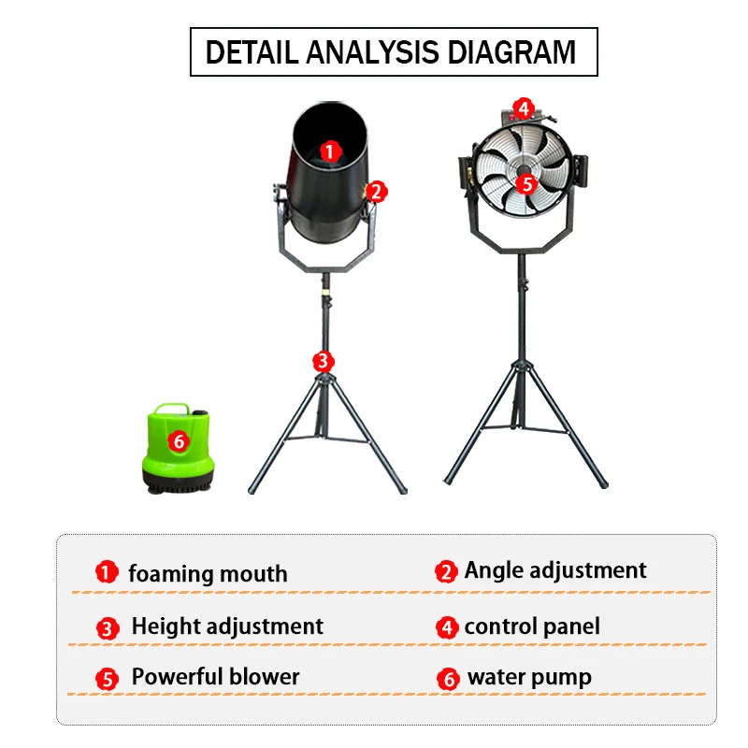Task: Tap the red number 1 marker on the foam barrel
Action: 330,151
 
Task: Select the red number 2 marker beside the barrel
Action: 377,192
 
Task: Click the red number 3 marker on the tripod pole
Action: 323,362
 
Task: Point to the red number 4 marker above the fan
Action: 524,108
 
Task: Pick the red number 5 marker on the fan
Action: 526,184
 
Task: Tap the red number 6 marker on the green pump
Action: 179,441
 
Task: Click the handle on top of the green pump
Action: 172,409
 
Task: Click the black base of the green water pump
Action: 178,481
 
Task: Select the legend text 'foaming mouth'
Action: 208,574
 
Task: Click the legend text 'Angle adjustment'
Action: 555,570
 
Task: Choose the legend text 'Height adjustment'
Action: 227,626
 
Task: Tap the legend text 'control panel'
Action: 532,626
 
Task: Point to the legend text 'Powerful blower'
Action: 216,676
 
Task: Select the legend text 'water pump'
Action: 529,677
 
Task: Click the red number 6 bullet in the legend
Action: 449,679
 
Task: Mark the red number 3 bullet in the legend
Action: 108,628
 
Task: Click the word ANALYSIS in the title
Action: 372,52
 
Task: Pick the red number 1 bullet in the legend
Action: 107,571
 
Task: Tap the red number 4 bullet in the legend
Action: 448,627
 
